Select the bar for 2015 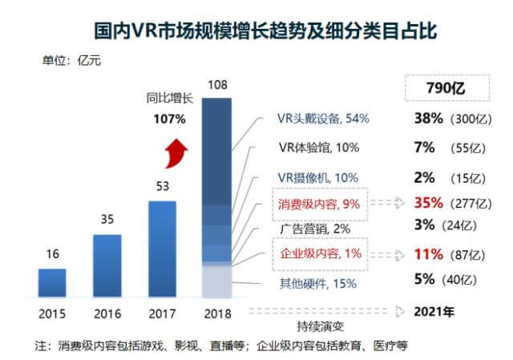(52, 283)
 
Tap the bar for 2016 (107, 266)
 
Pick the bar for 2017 (163, 249)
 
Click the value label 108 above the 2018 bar (218, 84)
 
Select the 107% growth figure (169, 119)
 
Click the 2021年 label (435, 311)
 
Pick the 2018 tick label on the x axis (218, 313)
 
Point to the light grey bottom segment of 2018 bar (218, 282)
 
